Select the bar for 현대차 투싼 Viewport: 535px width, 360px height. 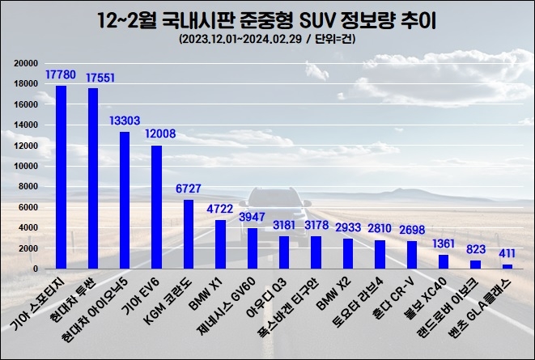93,178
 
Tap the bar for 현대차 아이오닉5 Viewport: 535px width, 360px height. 125,200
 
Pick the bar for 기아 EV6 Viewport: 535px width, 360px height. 156,206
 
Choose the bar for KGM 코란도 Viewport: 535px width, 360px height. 189,234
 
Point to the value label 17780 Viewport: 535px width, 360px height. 62,75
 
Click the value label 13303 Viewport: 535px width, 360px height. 125,121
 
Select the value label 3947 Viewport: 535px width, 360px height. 253,218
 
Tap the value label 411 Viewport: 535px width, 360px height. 507,254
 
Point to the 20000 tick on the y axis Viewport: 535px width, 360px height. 28,63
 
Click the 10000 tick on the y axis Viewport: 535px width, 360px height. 28,166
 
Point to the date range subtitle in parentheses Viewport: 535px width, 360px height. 266,39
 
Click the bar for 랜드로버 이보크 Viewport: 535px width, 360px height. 476,264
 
